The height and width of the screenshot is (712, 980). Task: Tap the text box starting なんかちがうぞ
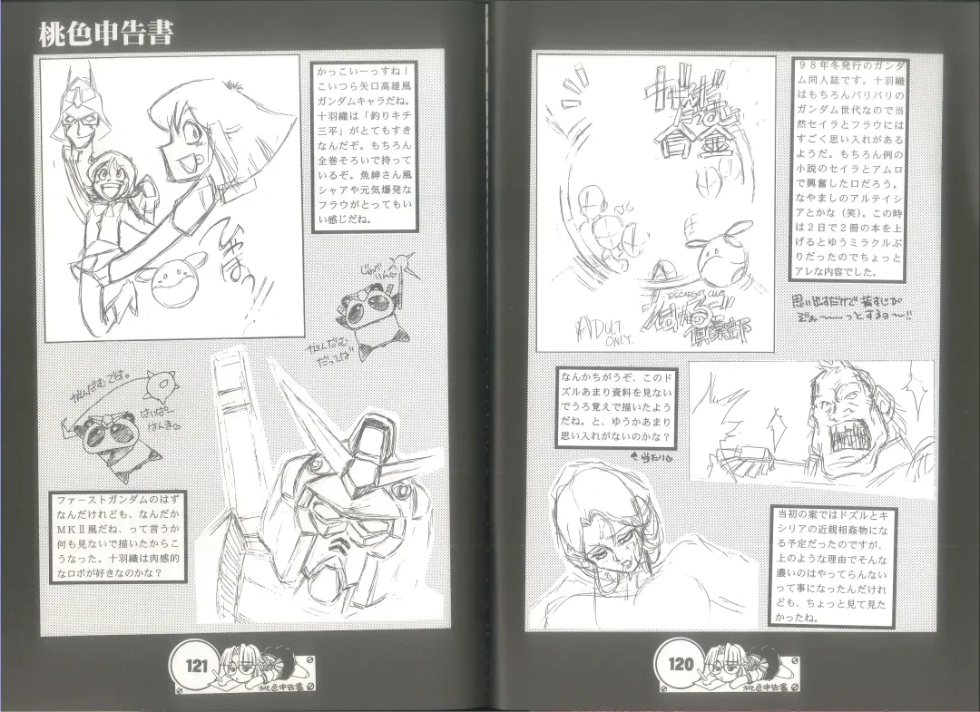tap(617, 408)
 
